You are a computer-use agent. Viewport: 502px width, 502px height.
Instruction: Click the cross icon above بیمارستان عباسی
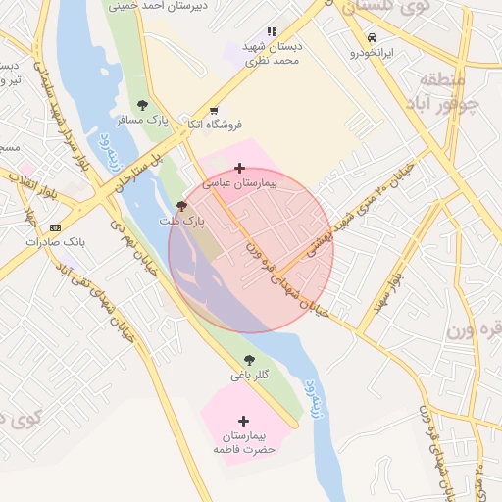point(240,169)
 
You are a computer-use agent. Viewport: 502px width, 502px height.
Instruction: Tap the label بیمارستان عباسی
point(240,183)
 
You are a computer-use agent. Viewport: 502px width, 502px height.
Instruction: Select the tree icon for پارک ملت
point(180,206)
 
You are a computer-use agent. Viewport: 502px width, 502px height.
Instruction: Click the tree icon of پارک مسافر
point(143,105)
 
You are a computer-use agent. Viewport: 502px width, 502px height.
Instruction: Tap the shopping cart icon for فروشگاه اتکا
point(214,110)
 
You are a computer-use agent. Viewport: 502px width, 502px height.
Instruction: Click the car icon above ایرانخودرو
point(372,38)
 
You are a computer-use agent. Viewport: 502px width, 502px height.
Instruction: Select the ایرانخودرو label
point(372,53)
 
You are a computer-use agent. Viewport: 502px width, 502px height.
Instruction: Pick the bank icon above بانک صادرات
point(54,227)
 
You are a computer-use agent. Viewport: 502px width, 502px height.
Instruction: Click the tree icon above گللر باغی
point(248,360)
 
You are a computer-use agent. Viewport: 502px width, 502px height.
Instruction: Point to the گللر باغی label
point(248,375)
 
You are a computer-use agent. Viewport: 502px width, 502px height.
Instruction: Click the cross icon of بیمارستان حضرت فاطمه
point(244,421)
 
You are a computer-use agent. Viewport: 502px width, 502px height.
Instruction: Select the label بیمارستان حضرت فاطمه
point(244,441)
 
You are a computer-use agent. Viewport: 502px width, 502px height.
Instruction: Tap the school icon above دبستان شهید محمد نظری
point(272,32)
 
